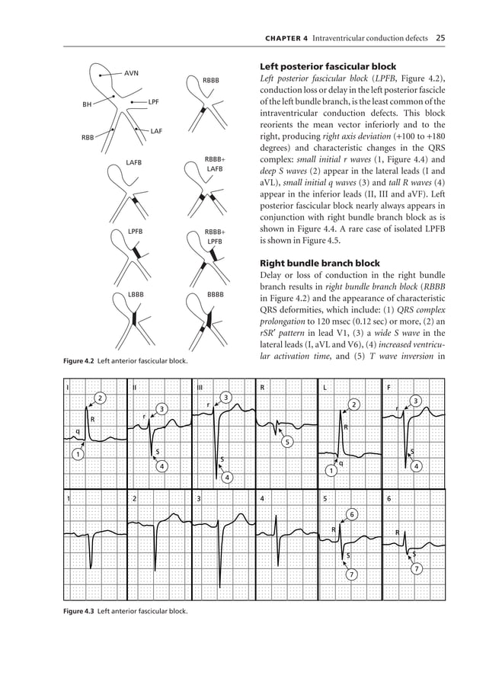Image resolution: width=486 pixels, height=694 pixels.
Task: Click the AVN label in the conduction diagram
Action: [x=132, y=73]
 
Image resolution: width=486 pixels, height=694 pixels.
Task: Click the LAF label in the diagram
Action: [x=156, y=131]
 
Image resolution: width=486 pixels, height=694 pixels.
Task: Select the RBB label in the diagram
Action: [x=88, y=138]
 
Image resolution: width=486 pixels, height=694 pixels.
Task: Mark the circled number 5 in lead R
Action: [x=286, y=442]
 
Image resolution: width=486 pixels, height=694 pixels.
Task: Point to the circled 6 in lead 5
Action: [x=351, y=515]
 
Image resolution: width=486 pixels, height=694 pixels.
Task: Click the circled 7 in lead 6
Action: [x=416, y=568]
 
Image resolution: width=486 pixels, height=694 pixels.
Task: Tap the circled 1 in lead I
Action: [x=78, y=455]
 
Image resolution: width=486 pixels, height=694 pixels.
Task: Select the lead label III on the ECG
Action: [x=200, y=387]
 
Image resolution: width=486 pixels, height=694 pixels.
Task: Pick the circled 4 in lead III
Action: [x=227, y=477]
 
